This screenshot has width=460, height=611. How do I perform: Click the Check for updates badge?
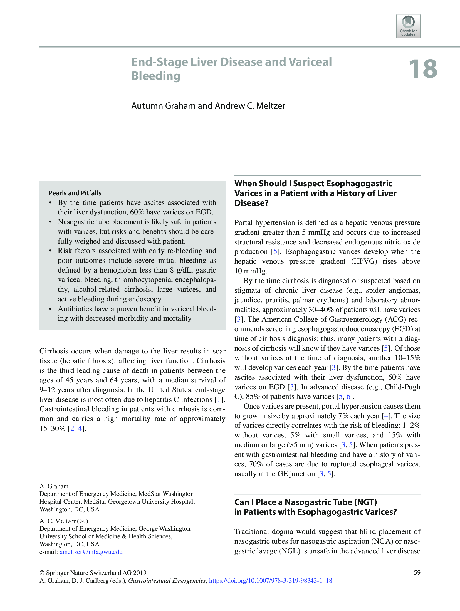pos(408,26)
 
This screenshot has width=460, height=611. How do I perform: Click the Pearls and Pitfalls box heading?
pos(75,193)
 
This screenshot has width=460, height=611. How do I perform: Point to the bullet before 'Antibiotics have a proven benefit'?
pos(50,309)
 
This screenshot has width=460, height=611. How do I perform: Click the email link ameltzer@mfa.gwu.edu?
pos(91,552)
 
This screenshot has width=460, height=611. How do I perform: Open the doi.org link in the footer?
pos(270,580)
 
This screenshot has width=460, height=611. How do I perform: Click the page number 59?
pos(417,572)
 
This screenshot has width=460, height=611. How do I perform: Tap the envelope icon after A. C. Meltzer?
pos(83,521)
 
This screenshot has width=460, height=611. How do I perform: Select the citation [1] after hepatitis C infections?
pos(219,399)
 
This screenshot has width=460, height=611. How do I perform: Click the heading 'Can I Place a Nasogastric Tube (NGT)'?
pos(305,502)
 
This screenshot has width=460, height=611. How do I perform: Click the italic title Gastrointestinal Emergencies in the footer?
pos(167,580)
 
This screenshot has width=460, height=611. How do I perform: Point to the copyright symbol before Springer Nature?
pos(42,573)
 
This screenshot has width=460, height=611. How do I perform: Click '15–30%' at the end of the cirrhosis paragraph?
pos(52,428)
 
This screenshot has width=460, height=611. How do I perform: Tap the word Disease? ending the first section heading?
pos(251,203)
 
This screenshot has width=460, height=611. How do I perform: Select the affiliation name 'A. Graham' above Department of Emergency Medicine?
pos(54,486)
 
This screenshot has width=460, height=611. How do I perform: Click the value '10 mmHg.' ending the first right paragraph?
pos(251,271)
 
